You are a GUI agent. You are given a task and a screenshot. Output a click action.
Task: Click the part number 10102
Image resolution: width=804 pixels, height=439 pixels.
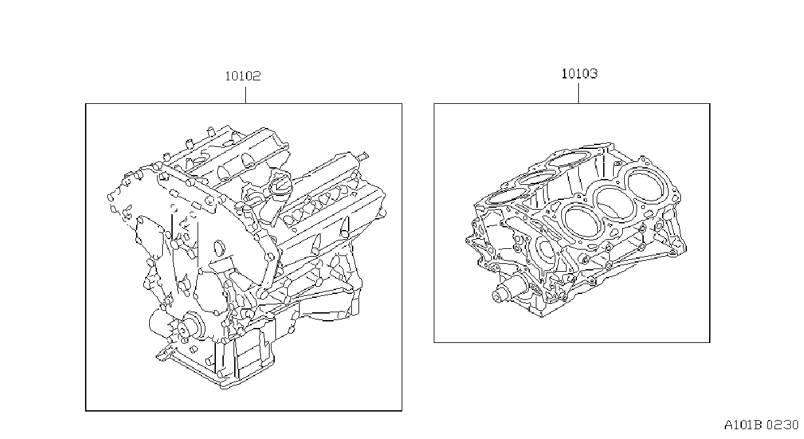click(x=243, y=76)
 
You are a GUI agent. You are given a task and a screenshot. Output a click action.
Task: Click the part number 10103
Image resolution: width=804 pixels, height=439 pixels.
click(x=580, y=74)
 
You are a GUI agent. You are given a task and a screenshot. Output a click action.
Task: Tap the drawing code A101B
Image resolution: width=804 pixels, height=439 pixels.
click(x=743, y=425)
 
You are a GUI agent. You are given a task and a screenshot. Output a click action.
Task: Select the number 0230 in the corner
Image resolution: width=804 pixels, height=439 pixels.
click(x=783, y=425)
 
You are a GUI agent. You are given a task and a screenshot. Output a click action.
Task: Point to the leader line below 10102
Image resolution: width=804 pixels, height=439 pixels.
click(x=245, y=95)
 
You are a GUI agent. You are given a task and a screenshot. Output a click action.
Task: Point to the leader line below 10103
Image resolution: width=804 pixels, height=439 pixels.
click(x=578, y=93)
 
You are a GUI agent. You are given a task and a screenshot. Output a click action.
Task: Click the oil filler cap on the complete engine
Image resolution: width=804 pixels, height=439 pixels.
click(x=280, y=182)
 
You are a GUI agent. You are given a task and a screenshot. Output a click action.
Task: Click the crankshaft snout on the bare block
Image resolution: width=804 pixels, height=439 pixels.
click(x=506, y=291)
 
